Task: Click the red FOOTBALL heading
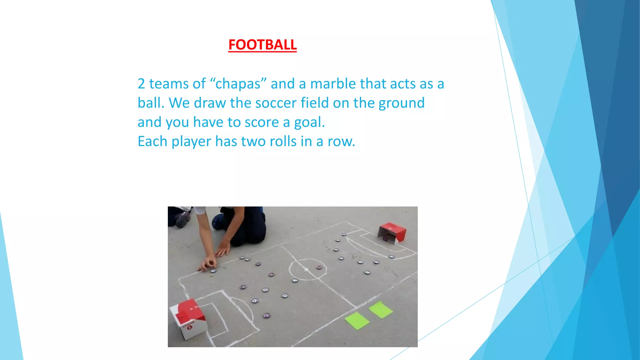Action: tap(262, 45)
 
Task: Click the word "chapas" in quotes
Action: tap(238, 84)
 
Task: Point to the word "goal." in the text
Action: tap(309, 122)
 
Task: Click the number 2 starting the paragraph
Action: tap(141, 84)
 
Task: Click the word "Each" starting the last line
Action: tap(152, 142)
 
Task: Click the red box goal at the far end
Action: tap(392, 232)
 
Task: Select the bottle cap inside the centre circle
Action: tap(319, 267)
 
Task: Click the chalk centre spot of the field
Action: tap(307, 269)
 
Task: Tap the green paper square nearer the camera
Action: tap(357, 321)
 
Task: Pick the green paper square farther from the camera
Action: tap(380, 309)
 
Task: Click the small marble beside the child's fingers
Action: tap(212, 275)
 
